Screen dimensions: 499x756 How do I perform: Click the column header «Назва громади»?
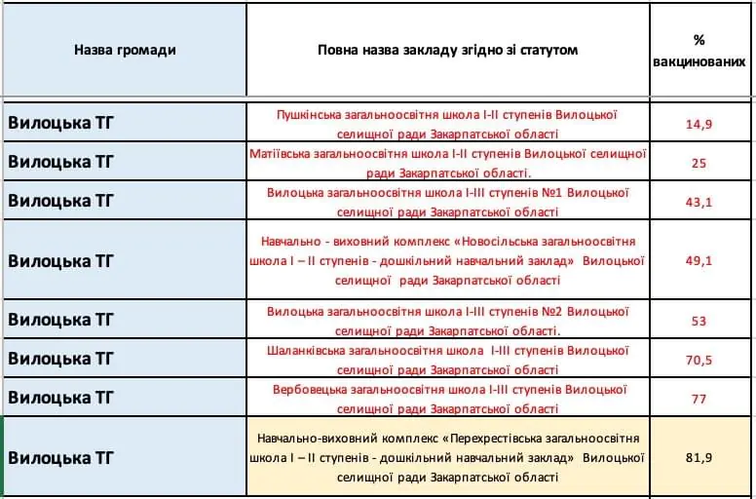pos(125,50)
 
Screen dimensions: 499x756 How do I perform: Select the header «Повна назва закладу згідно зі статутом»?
pos(447,50)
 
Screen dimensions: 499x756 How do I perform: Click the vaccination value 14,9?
pos(699,124)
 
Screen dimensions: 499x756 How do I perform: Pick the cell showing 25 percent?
pos(699,163)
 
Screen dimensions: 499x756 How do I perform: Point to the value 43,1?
pos(699,201)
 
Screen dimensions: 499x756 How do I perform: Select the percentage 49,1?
pos(699,260)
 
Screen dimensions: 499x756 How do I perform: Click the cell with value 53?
pos(699,321)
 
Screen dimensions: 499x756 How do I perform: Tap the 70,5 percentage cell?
pos(699,360)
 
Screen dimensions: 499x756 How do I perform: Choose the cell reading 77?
pos(699,399)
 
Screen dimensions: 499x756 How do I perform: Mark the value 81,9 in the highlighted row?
pos(699,457)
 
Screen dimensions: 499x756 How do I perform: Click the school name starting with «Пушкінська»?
pos(447,124)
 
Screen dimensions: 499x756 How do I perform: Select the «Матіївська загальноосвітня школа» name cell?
pos(447,163)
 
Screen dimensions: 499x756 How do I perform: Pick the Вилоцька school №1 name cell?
pos(447,201)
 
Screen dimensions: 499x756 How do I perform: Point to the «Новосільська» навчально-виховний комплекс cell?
pos(447,260)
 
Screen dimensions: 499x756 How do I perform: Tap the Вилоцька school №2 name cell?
pos(447,321)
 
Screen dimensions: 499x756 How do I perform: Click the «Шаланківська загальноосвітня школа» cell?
pos(447,360)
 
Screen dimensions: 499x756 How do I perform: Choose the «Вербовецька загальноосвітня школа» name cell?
pos(447,399)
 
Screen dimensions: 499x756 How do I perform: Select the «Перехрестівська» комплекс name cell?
pos(447,457)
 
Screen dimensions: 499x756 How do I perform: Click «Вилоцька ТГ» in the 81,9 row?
pos(61,457)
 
